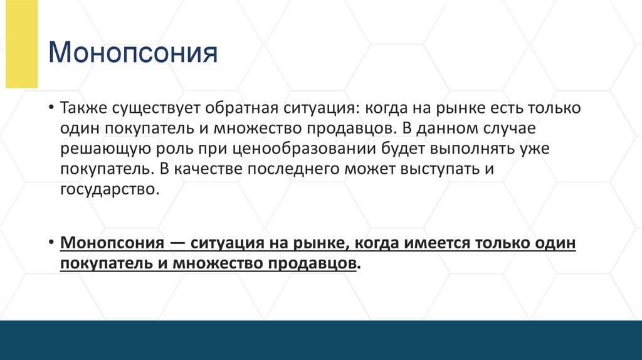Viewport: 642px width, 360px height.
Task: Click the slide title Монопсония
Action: tap(134, 53)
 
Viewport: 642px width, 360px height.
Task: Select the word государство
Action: tap(107, 189)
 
